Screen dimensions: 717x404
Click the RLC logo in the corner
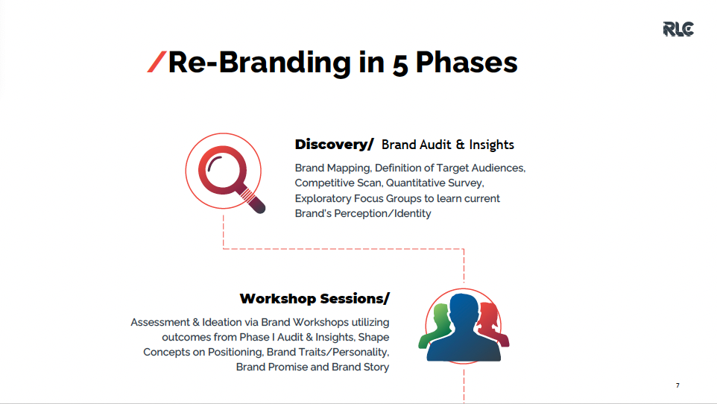coord(678,29)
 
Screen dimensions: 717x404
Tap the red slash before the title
coord(157,62)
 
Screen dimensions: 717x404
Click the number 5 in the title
coord(399,65)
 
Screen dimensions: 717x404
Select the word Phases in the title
coord(466,62)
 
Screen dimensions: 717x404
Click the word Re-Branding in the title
coord(260,63)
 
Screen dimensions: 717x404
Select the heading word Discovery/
coord(334,145)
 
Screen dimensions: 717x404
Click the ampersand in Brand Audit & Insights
coord(460,145)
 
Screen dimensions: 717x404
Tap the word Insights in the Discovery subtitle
coord(492,145)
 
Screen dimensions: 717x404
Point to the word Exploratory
coord(323,198)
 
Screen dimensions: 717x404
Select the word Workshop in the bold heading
coord(278,299)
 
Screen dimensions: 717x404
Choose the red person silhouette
coord(492,323)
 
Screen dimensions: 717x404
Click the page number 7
coord(677,385)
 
